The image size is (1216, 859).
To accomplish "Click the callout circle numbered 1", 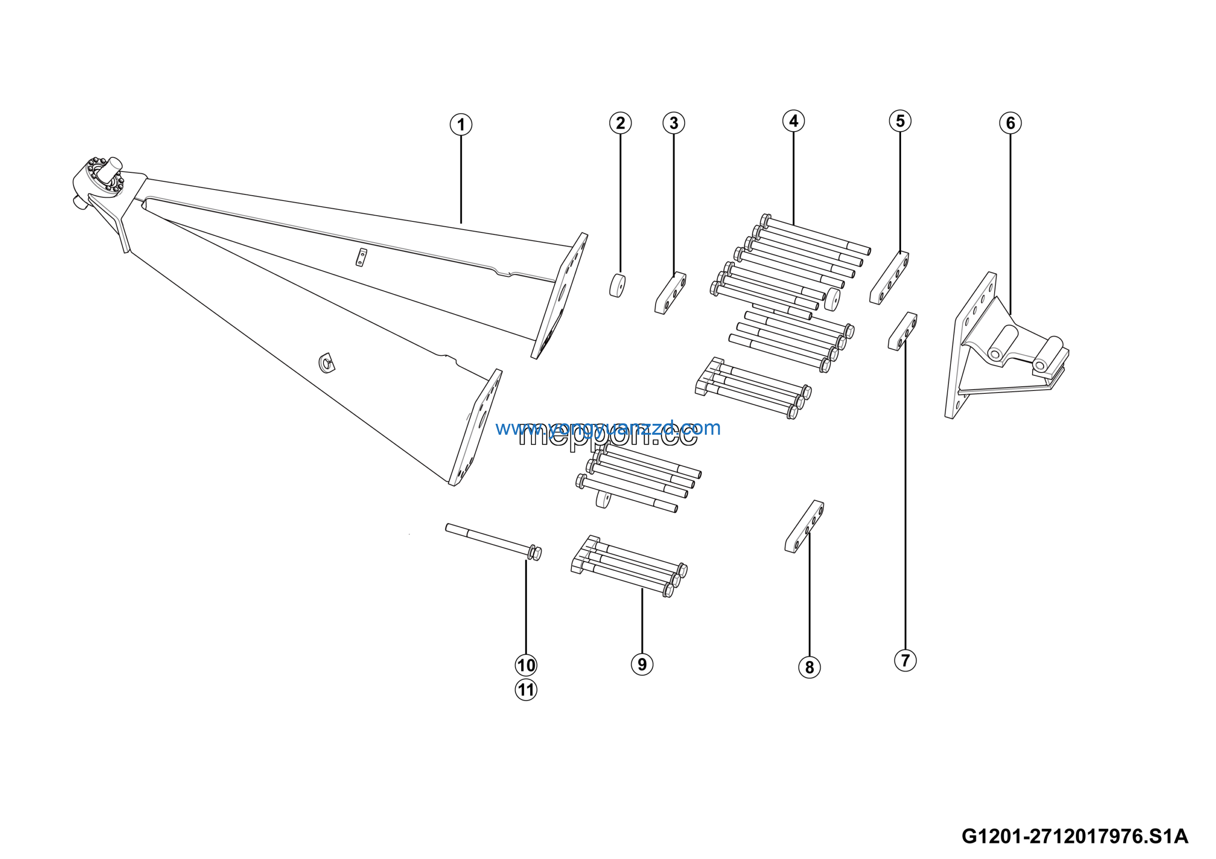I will (461, 125).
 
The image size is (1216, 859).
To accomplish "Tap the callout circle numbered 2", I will (620, 124).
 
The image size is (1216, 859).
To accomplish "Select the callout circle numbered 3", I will (674, 124).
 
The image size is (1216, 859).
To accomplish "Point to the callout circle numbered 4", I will (793, 121).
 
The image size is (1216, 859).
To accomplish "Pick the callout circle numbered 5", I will (900, 121).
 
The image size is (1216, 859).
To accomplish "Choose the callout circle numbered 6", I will (1010, 124).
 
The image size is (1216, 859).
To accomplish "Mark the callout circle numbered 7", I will (905, 660).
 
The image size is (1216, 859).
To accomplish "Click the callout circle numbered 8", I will (809, 667).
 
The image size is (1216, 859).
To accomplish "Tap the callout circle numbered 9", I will (642, 664).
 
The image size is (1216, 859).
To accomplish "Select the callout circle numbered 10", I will (526, 665).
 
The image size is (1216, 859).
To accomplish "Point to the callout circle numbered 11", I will (526, 689).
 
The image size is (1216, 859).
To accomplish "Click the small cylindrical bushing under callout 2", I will (617, 286).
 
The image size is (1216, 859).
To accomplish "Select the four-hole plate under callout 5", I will (889, 277).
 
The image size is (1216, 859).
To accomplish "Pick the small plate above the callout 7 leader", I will (902, 332).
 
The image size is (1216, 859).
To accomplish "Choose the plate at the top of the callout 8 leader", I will (805, 526).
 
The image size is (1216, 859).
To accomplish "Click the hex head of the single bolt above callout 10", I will (535, 554).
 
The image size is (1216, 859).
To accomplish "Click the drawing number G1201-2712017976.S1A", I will (1074, 836).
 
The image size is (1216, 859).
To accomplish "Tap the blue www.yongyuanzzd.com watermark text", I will (608, 428).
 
